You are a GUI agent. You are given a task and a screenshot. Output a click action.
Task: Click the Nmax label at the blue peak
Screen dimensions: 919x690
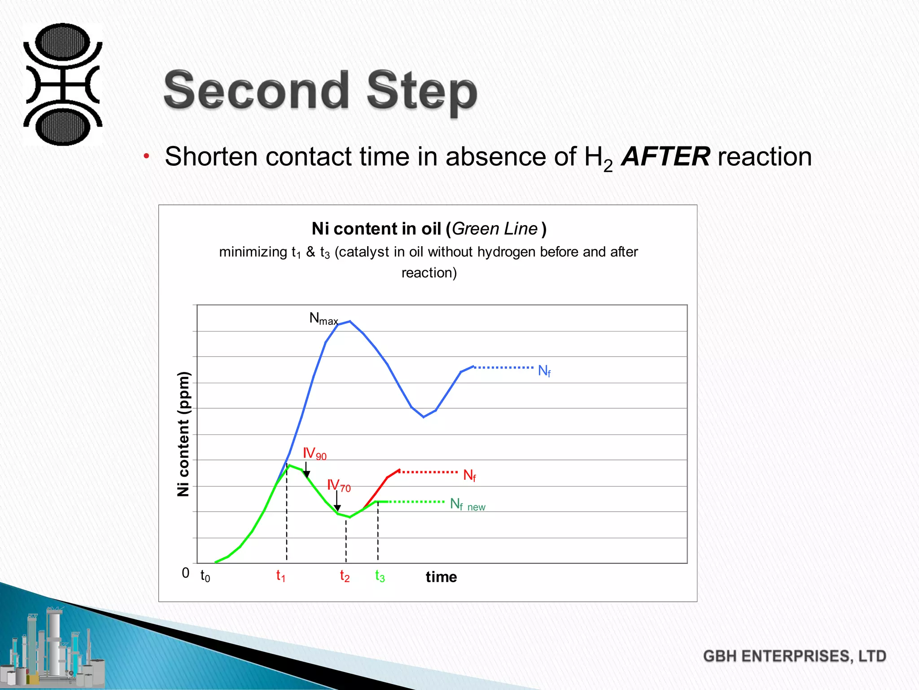(323, 318)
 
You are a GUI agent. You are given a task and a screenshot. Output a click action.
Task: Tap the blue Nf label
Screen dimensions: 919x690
(544, 371)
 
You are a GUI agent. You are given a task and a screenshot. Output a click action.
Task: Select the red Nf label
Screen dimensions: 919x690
(469, 475)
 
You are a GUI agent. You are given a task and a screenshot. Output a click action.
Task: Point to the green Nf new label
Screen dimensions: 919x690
(467, 504)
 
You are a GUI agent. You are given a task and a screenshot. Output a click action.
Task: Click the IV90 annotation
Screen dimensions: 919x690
(314, 453)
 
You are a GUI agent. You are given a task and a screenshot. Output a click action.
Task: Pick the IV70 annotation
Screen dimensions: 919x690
(338, 485)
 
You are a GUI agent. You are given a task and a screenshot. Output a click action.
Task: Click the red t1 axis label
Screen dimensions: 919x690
(280, 575)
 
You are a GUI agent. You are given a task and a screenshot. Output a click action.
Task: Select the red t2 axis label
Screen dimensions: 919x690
(344, 575)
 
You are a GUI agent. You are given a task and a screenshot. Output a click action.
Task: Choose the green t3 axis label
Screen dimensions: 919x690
(380, 575)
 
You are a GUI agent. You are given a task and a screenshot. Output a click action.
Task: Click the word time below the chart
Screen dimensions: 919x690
(441, 577)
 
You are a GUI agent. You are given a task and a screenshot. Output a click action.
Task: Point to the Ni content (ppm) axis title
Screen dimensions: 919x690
(183, 434)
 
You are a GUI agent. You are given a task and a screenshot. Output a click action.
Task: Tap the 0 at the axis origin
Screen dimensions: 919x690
(185, 573)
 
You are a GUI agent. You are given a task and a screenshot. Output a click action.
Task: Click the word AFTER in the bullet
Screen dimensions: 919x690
(665, 157)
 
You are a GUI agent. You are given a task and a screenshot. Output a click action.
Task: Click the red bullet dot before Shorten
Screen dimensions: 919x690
(146, 156)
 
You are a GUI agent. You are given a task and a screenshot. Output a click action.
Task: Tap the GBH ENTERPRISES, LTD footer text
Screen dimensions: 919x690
(794, 656)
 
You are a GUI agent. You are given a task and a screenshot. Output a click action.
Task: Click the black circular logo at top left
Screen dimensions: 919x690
(63, 84)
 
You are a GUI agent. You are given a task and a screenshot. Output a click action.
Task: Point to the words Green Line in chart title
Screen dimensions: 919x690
(495, 229)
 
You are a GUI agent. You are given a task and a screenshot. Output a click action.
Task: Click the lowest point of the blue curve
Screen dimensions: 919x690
(424, 417)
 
